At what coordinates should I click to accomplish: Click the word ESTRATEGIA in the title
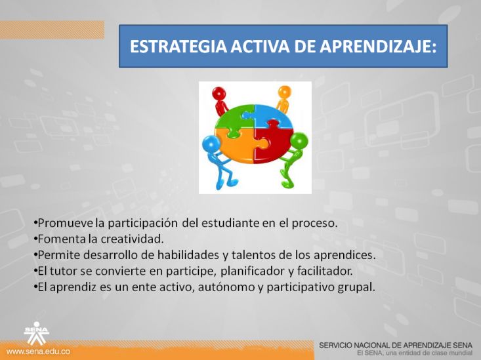coord(178,47)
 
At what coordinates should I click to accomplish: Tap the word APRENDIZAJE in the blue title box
coord(377,47)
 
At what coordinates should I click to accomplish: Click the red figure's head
coord(219,93)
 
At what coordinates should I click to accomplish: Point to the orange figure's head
coord(285,92)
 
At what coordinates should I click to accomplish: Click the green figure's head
coord(299,141)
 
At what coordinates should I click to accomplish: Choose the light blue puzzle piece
coord(273,116)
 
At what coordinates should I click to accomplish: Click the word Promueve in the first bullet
coord(65,223)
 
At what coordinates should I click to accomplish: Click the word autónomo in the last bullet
coord(226,287)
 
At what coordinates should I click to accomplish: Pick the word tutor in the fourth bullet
coord(63,271)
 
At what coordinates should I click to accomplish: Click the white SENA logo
coord(37,333)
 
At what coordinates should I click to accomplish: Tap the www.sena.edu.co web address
coord(38,351)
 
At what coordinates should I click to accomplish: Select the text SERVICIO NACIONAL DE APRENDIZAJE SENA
coord(396,346)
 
